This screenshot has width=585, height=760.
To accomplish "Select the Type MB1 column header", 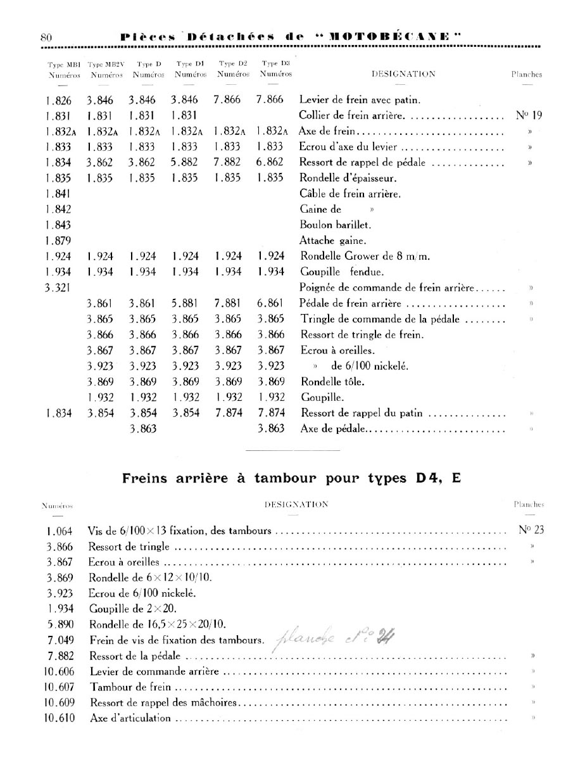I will tap(62, 69).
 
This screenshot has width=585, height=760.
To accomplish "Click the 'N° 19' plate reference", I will tap(530, 116).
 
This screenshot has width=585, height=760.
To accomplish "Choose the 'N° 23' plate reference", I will tap(531, 530).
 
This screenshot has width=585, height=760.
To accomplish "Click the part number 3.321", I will tap(58, 288).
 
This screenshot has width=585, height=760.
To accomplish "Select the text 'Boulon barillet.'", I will tap(335, 225).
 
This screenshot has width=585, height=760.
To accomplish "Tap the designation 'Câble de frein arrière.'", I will tap(350, 194).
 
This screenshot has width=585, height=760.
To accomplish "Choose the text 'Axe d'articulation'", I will tap(131, 718).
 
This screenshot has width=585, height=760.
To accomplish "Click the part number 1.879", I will tap(59, 241).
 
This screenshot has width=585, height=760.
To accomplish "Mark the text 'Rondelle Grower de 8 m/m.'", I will tap(364, 256).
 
